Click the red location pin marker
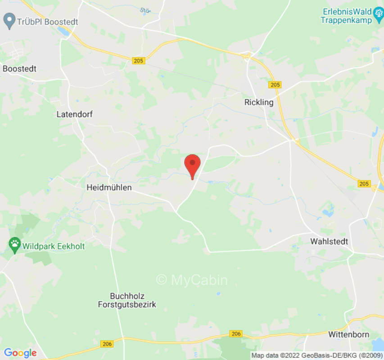pyautogui.click(x=193, y=165)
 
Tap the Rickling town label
pyautogui.click(x=259, y=102)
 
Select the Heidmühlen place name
pyautogui.click(x=109, y=187)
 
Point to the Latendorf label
pyautogui.click(x=75, y=114)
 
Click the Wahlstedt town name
pyautogui.click(x=329, y=242)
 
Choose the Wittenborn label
pyautogui.click(x=349, y=334)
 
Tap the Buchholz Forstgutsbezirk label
pyautogui.click(x=127, y=300)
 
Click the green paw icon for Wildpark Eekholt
pyautogui.click(x=15, y=245)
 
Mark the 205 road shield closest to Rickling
pyautogui.click(x=275, y=85)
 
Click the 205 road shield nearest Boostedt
pyautogui.click(x=138, y=60)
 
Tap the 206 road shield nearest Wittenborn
pyautogui.click(x=235, y=334)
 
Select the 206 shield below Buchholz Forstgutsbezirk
pyautogui.click(x=107, y=344)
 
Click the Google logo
pyautogui.click(x=20, y=353)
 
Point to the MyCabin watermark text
pyautogui.click(x=192, y=280)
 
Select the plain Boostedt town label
pyautogui.click(x=19, y=69)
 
